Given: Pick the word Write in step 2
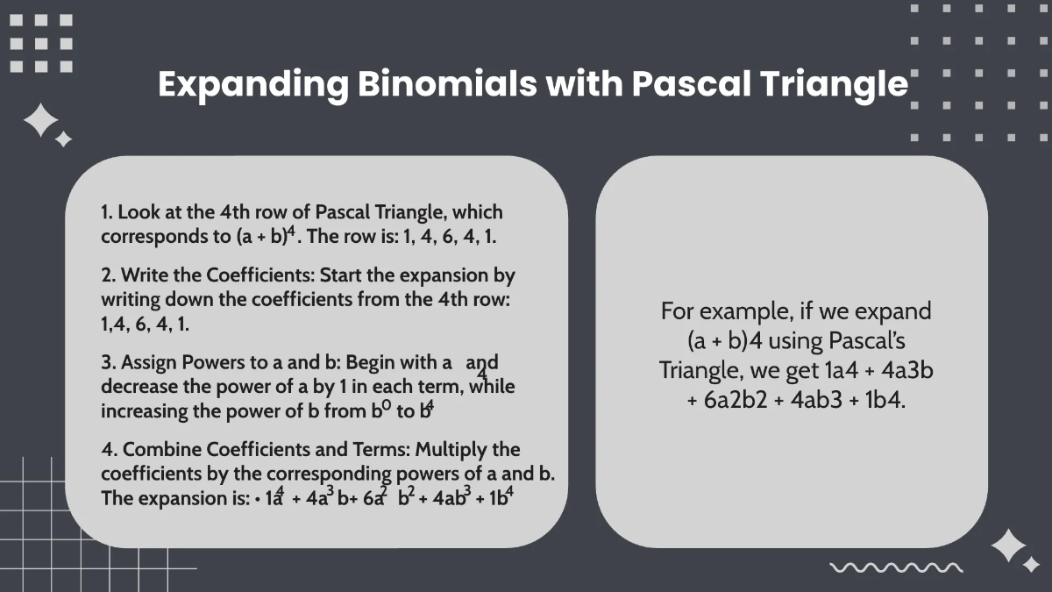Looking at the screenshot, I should click(144, 275).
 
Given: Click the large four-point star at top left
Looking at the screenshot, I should click(40, 121).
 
